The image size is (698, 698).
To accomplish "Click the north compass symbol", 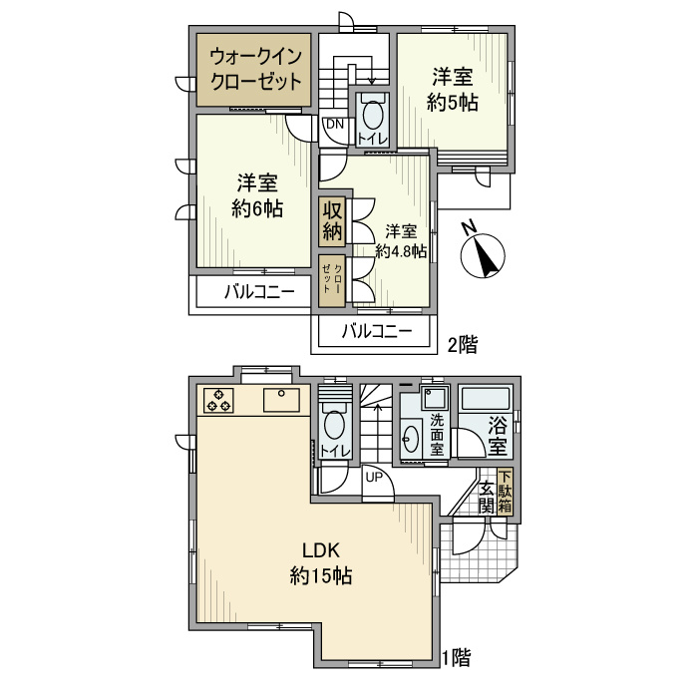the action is (x=482, y=255).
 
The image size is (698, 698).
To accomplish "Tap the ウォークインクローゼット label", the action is (x=255, y=70).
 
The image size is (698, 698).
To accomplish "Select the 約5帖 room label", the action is (x=453, y=103).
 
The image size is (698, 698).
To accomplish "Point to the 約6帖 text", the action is (x=257, y=208).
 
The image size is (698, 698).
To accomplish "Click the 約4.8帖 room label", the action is (x=401, y=251).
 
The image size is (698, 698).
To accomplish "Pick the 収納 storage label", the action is (x=332, y=220).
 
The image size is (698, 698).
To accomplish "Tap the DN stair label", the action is (x=335, y=125).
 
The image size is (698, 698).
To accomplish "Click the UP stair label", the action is (x=374, y=478).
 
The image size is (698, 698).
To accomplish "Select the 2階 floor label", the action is (x=463, y=345).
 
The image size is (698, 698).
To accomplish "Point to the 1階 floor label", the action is (x=456, y=658).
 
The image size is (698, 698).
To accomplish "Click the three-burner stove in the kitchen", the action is (x=218, y=400).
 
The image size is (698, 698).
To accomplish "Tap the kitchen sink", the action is (x=281, y=400).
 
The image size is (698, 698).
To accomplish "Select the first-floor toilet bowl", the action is (x=334, y=424).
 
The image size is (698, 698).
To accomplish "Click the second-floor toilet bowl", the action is (x=373, y=115).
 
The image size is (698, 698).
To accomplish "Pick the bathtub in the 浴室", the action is (x=486, y=399).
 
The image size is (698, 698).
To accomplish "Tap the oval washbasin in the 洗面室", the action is (x=410, y=439).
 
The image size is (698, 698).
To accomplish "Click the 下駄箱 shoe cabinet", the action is (x=505, y=492).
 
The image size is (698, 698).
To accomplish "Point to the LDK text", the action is (x=321, y=550).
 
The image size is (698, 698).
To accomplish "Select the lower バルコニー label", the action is (x=377, y=331).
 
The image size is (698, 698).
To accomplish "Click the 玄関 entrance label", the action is (x=487, y=498).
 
